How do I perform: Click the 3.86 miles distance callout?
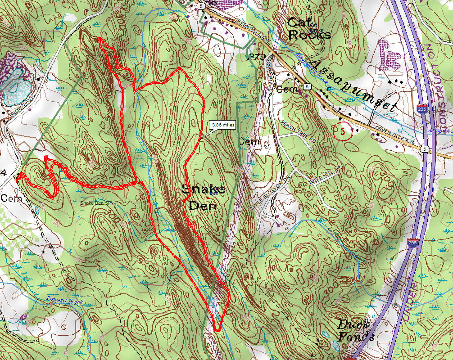pyautogui.click(x=222, y=126)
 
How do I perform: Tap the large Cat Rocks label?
pyautogui.click(x=309, y=28)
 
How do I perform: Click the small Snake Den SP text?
pyautogui.click(x=95, y=203)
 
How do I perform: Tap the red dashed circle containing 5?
pyautogui.click(x=343, y=132)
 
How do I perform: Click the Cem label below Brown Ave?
pyautogui.click(x=10, y=198)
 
